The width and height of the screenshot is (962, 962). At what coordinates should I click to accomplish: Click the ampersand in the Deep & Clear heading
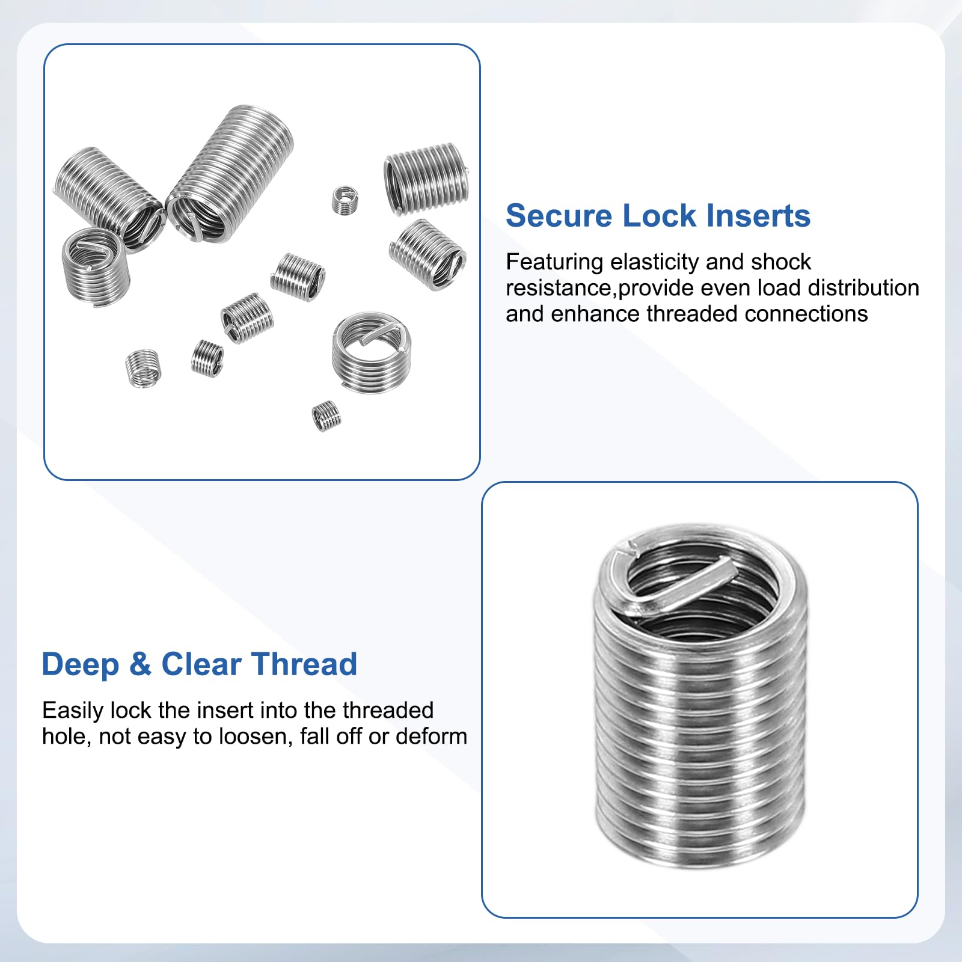point(140,664)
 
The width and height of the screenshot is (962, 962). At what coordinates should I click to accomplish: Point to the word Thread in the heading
point(305,664)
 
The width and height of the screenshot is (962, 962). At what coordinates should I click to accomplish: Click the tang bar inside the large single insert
point(679,583)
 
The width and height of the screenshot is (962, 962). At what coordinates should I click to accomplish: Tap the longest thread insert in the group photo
point(230,174)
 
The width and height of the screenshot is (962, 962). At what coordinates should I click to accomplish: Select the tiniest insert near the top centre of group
point(345,200)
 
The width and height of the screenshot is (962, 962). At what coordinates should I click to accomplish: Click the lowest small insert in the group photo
point(326,415)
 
